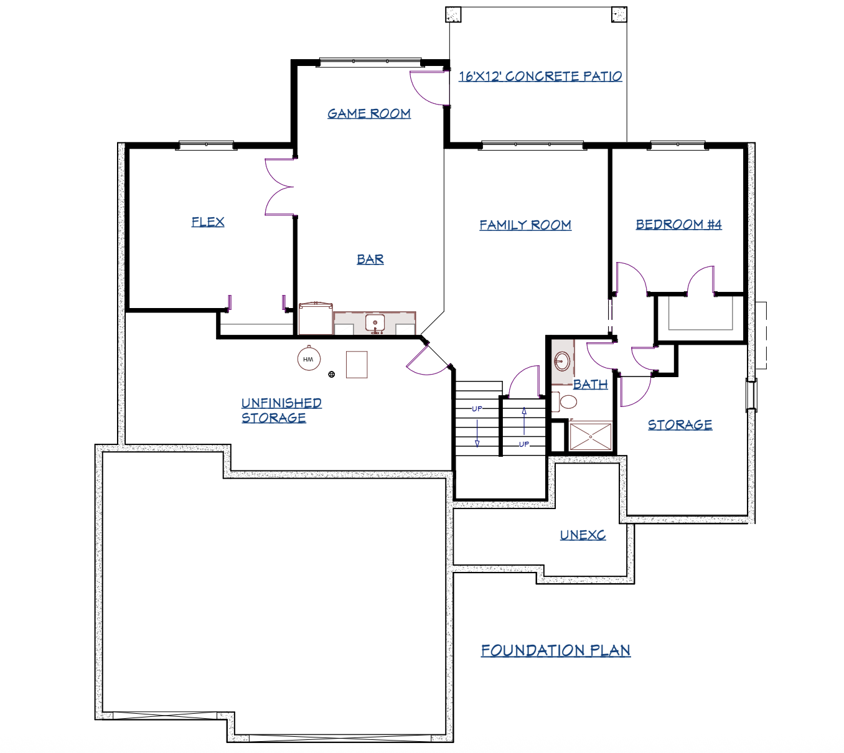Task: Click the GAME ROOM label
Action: [x=368, y=114]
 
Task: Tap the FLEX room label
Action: [x=208, y=222]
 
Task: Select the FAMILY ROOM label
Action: [x=525, y=225]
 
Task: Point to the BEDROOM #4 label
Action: [x=678, y=225]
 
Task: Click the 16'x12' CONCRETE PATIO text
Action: [x=540, y=76]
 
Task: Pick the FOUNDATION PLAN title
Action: [x=556, y=650]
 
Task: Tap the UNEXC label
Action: [x=583, y=535]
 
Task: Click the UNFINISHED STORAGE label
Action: [x=281, y=410]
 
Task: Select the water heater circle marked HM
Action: [x=309, y=358]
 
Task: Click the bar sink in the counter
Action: [x=375, y=324]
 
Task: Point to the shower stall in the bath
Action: [x=590, y=436]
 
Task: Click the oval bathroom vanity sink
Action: [x=562, y=361]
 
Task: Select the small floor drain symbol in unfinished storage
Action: [x=332, y=375]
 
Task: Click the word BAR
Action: [x=370, y=260]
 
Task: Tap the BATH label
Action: [x=590, y=385]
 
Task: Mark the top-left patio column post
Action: [x=453, y=14]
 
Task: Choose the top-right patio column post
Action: [x=619, y=14]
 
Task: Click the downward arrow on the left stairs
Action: [x=477, y=433]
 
